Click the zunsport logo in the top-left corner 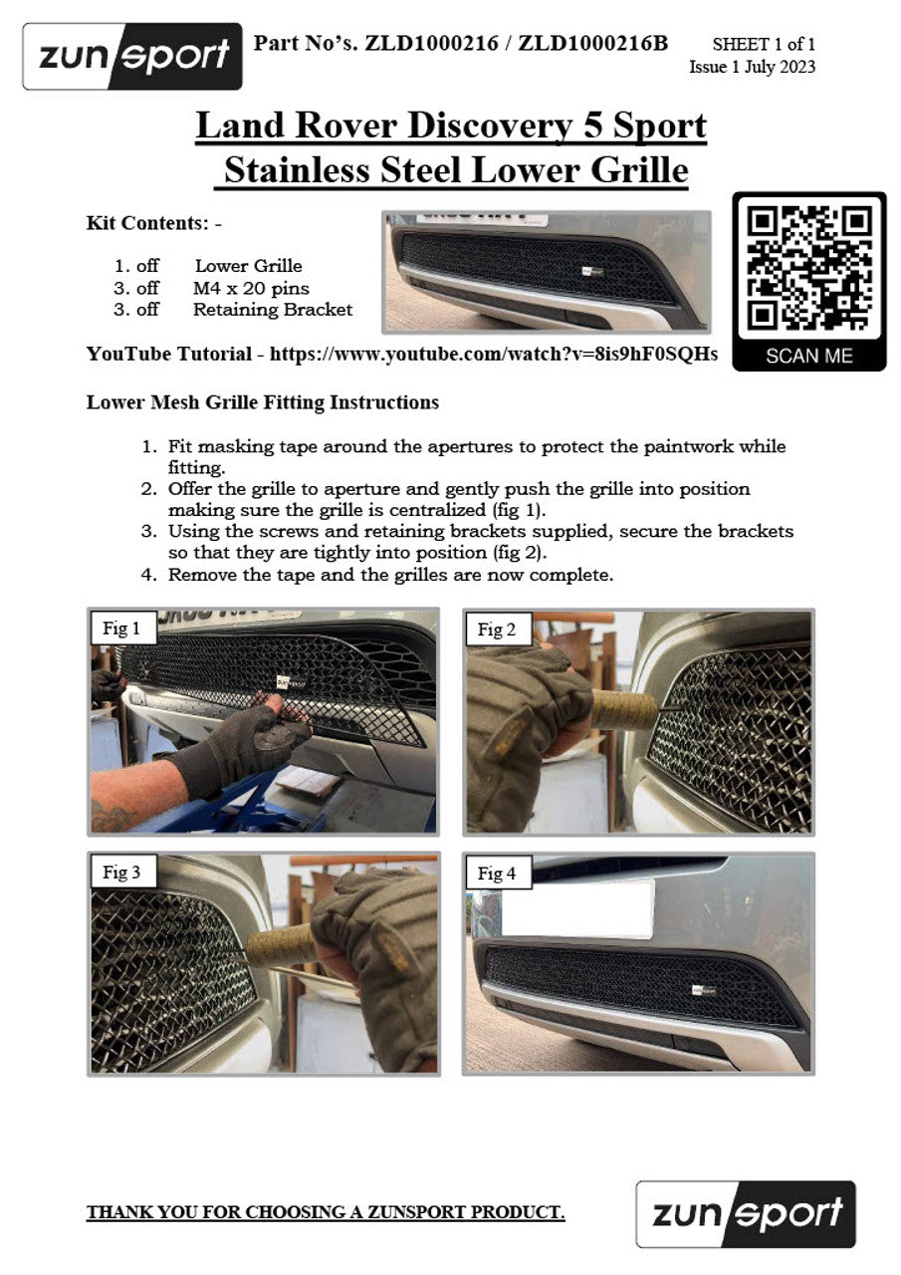coord(132,57)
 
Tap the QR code coord(808,269)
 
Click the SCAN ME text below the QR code coord(808,356)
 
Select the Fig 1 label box coord(121,629)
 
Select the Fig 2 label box coord(497,629)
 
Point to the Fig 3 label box coord(121,872)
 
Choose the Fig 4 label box coord(497,873)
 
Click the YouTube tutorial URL coord(493,354)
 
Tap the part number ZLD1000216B coord(592,43)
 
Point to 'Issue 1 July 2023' coord(752,67)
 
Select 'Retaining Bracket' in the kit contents coord(273,310)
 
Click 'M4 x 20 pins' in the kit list coord(251,288)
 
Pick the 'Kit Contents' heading coord(153,223)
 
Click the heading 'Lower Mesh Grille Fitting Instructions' coord(262,401)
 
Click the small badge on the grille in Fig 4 coord(703,990)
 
